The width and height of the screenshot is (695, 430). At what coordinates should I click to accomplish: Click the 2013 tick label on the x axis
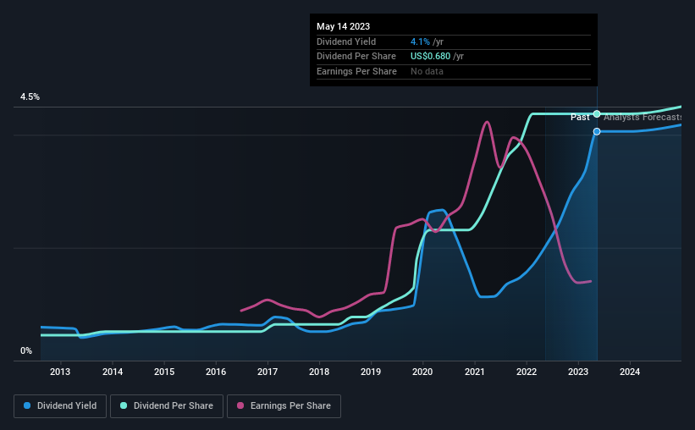tap(60, 372)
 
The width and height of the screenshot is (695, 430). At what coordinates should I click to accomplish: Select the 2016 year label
tap(216, 372)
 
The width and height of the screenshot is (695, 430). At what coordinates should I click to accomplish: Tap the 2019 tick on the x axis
tap(371, 372)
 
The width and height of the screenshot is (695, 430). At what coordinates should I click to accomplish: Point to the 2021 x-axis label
tap(475, 372)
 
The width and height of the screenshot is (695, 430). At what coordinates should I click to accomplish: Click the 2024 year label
tap(630, 372)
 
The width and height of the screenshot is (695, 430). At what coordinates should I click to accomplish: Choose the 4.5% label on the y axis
tap(30, 97)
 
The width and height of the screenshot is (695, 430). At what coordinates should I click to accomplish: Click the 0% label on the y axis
tap(26, 350)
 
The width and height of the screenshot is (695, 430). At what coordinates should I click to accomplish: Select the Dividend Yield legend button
tap(61, 406)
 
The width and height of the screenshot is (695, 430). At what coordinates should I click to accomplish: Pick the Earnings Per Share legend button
tap(284, 406)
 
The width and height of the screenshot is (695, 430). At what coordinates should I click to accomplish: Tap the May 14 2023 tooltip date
tap(343, 26)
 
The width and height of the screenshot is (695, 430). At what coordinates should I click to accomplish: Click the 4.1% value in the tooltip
tap(419, 41)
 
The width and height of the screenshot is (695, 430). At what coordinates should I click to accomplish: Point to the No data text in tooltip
tap(427, 71)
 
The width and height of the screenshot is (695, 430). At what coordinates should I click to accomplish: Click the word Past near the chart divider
tap(580, 117)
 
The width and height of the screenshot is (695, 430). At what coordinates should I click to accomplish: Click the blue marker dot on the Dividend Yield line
tap(597, 131)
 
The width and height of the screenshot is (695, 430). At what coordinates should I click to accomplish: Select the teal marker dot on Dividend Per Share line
tap(597, 113)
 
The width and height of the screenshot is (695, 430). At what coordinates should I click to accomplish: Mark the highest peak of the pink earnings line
tap(487, 122)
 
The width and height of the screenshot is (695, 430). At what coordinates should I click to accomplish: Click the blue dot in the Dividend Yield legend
tap(27, 406)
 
